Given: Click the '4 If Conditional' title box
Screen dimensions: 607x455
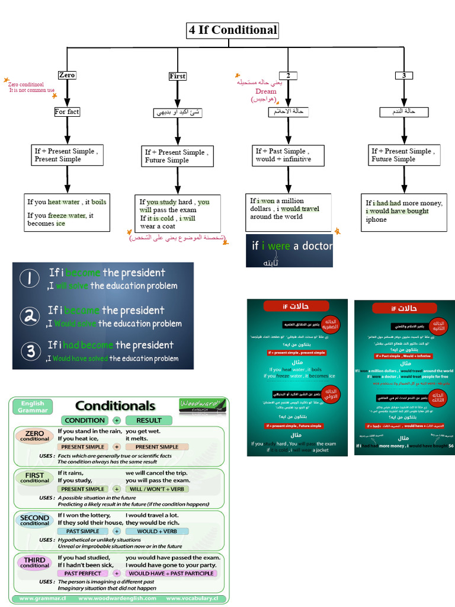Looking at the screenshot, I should [232, 30].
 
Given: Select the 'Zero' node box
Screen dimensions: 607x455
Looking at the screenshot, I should [67, 75].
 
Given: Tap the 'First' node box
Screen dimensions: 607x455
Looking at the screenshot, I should [177, 76].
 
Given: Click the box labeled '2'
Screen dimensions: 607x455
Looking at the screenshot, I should [288, 75].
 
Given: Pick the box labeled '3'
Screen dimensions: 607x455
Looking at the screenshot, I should [403, 75].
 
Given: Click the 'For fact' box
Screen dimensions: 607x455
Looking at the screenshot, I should [67, 111].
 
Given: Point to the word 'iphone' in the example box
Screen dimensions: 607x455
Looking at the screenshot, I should [376, 220].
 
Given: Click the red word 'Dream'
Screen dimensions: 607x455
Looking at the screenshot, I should [266, 91].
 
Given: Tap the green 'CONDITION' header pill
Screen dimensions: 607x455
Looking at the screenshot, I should [85, 420].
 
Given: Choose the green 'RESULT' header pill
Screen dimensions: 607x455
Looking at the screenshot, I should [149, 420].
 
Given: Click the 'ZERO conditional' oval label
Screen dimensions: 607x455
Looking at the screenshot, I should [35, 436].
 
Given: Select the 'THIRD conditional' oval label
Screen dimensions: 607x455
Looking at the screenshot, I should [35, 563].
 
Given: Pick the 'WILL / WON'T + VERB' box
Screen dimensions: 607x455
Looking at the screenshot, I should [157, 489].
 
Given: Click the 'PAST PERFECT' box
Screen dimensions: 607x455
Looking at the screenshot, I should [83, 573].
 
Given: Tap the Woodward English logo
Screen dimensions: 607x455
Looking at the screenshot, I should [202, 405].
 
